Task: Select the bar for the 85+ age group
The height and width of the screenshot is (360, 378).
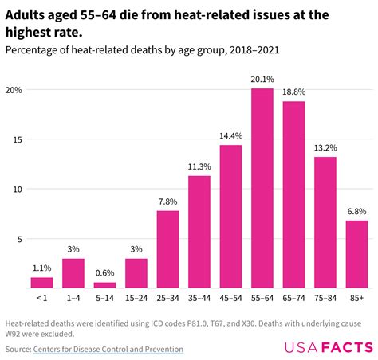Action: coord(356,254)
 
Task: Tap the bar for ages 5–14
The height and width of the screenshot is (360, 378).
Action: coord(104,284)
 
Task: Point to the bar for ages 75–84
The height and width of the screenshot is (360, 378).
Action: coord(325,222)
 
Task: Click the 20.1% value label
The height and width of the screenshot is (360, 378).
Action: coord(262,79)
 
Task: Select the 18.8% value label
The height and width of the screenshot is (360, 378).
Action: coord(293,92)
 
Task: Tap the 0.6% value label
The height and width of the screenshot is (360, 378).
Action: coord(104,272)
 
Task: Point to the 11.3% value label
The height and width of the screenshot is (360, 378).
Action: coord(199,166)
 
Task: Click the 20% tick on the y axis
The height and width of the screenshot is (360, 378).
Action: coord(14,90)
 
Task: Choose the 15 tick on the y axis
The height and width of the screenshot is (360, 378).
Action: coord(16,139)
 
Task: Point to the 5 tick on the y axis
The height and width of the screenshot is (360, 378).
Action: coord(18,238)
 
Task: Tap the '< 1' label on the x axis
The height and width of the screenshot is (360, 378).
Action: coord(41,297)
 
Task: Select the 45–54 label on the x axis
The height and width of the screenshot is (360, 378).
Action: coord(230,297)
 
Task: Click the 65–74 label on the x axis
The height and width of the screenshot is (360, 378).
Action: coord(293,297)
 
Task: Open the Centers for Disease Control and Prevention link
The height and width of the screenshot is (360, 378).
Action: coord(108,349)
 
